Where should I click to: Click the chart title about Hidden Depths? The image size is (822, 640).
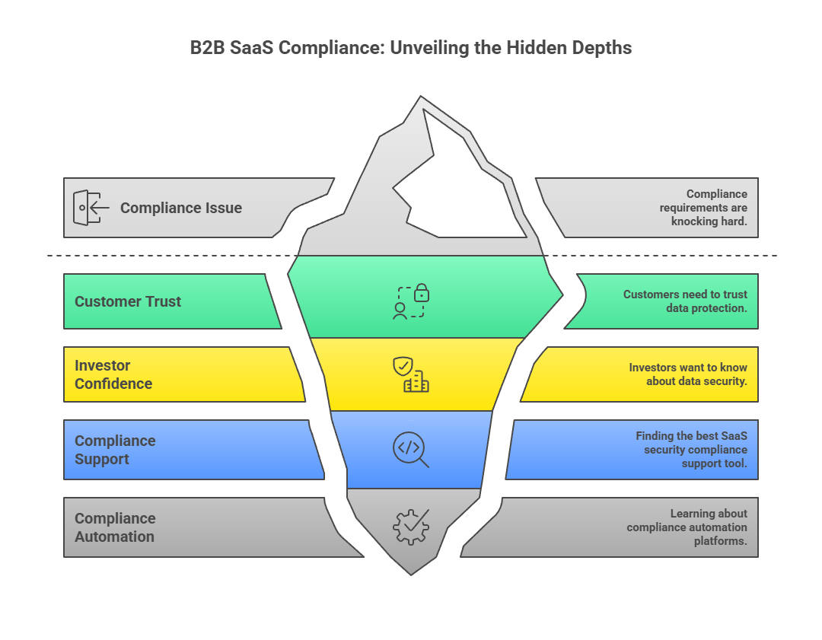pos(411,48)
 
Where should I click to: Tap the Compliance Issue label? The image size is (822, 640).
pos(180,208)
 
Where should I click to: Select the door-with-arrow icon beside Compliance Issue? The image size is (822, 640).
pos(87,208)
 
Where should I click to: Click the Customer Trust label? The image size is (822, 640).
pos(128,301)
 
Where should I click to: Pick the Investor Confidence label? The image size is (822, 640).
pos(113,374)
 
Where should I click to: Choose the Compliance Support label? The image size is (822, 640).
pos(115,450)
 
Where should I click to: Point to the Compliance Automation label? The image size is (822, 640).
pos(115,527)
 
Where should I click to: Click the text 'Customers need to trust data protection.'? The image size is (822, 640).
pos(685,301)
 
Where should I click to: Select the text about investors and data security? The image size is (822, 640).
pos(688,374)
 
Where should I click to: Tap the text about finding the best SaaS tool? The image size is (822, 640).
pos(691,449)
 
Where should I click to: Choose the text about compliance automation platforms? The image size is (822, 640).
pos(687,527)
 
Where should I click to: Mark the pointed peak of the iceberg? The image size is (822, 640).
pos(419,97)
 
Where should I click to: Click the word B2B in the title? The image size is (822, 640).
pos(207,48)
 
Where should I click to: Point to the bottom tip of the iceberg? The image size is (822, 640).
pos(411,573)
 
